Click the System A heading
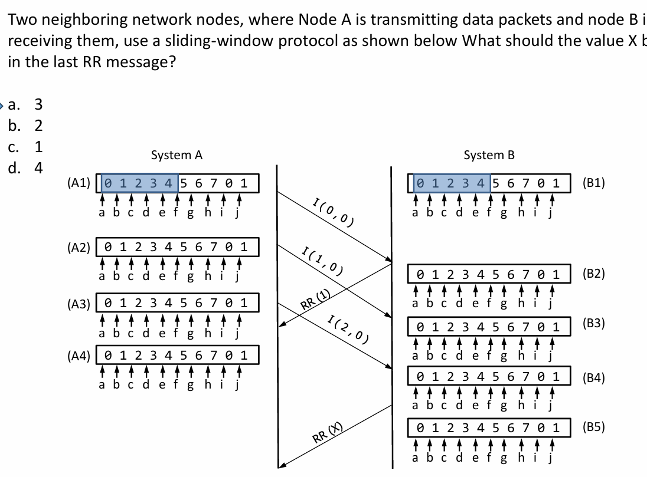click(x=177, y=155)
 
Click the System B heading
click(x=489, y=155)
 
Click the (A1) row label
click(x=79, y=183)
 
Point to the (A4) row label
click(x=79, y=356)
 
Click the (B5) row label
click(x=593, y=427)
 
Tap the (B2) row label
click(x=593, y=274)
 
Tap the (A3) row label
click(x=79, y=304)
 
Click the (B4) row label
click(x=593, y=378)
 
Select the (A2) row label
click(x=79, y=246)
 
